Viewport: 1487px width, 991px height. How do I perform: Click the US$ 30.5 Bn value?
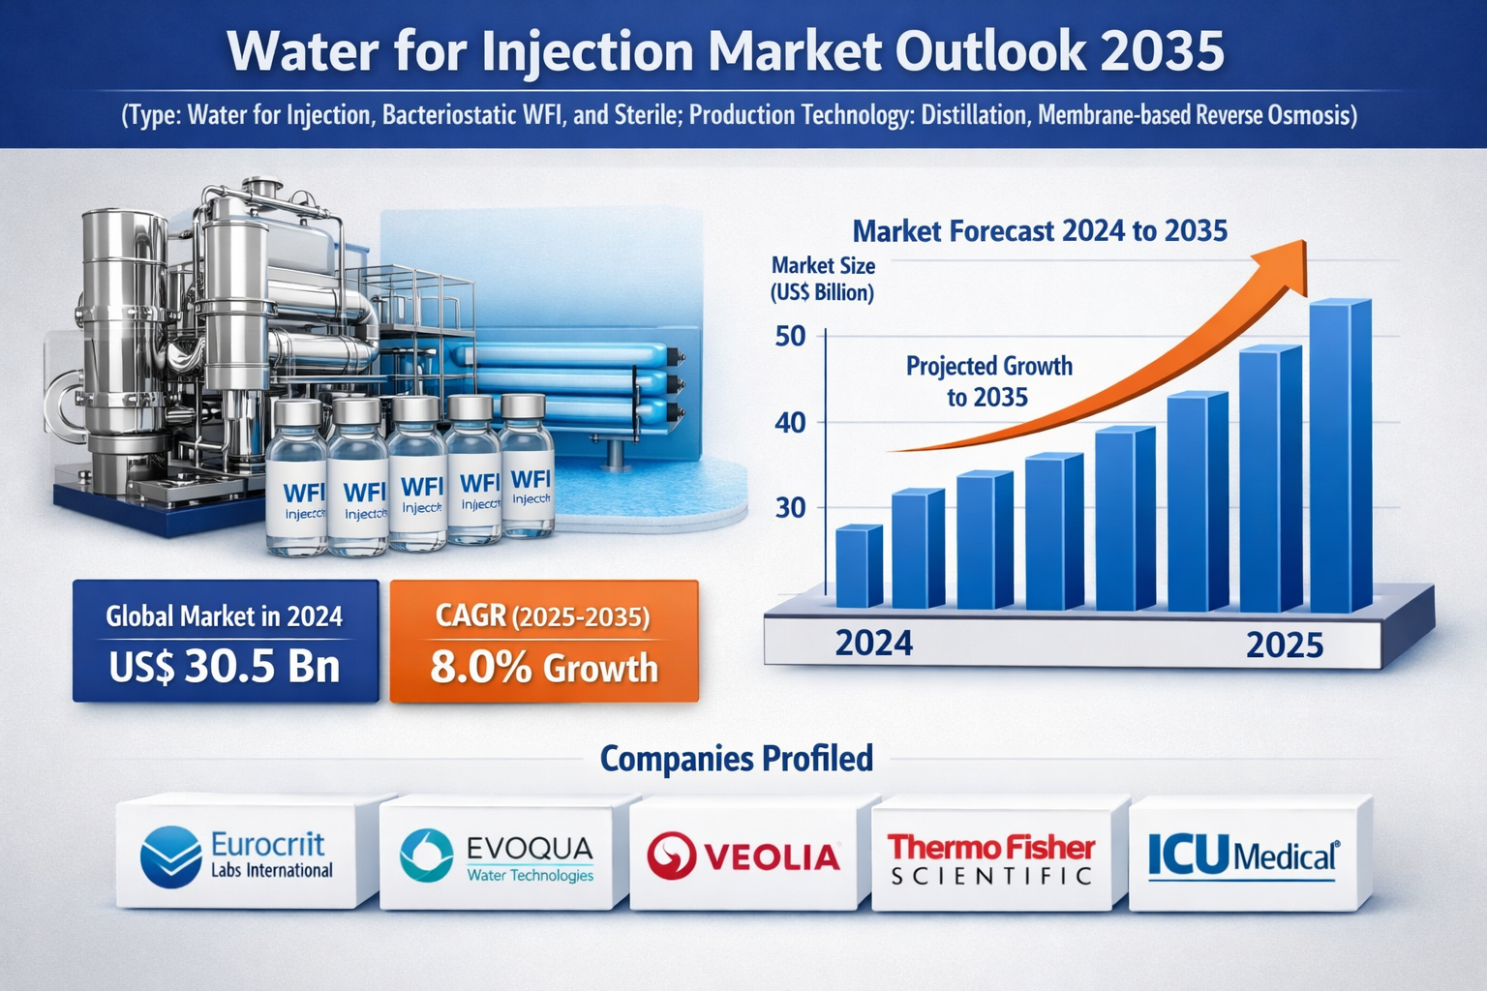click(225, 667)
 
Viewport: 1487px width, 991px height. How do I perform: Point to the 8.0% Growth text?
click(543, 668)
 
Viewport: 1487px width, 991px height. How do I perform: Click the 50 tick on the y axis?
click(790, 337)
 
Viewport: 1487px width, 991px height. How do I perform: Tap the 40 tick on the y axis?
click(790, 422)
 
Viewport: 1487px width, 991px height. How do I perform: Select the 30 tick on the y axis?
click(790, 507)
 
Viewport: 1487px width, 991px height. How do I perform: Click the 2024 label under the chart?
click(873, 644)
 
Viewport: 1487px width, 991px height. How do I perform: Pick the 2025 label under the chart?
click(1284, 646)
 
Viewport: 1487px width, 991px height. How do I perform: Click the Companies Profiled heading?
click(736, 758)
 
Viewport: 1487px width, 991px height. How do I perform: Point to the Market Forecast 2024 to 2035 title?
click(1039, 231)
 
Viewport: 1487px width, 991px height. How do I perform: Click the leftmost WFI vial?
click(296, 479)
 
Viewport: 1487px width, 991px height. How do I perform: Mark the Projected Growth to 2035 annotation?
click(988, 381)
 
